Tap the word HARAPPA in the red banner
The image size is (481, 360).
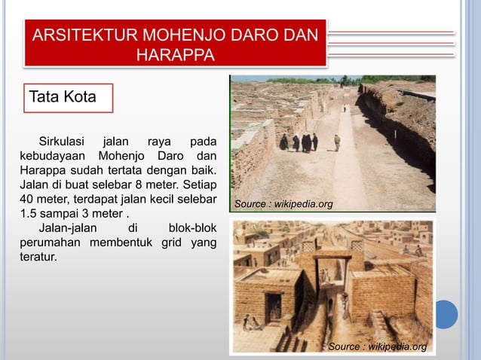click(176, 55)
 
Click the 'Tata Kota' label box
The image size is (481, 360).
click(68, 97)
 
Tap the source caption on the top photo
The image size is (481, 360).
click(283, 204)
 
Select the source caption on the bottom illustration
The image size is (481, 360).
click(378, 346)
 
